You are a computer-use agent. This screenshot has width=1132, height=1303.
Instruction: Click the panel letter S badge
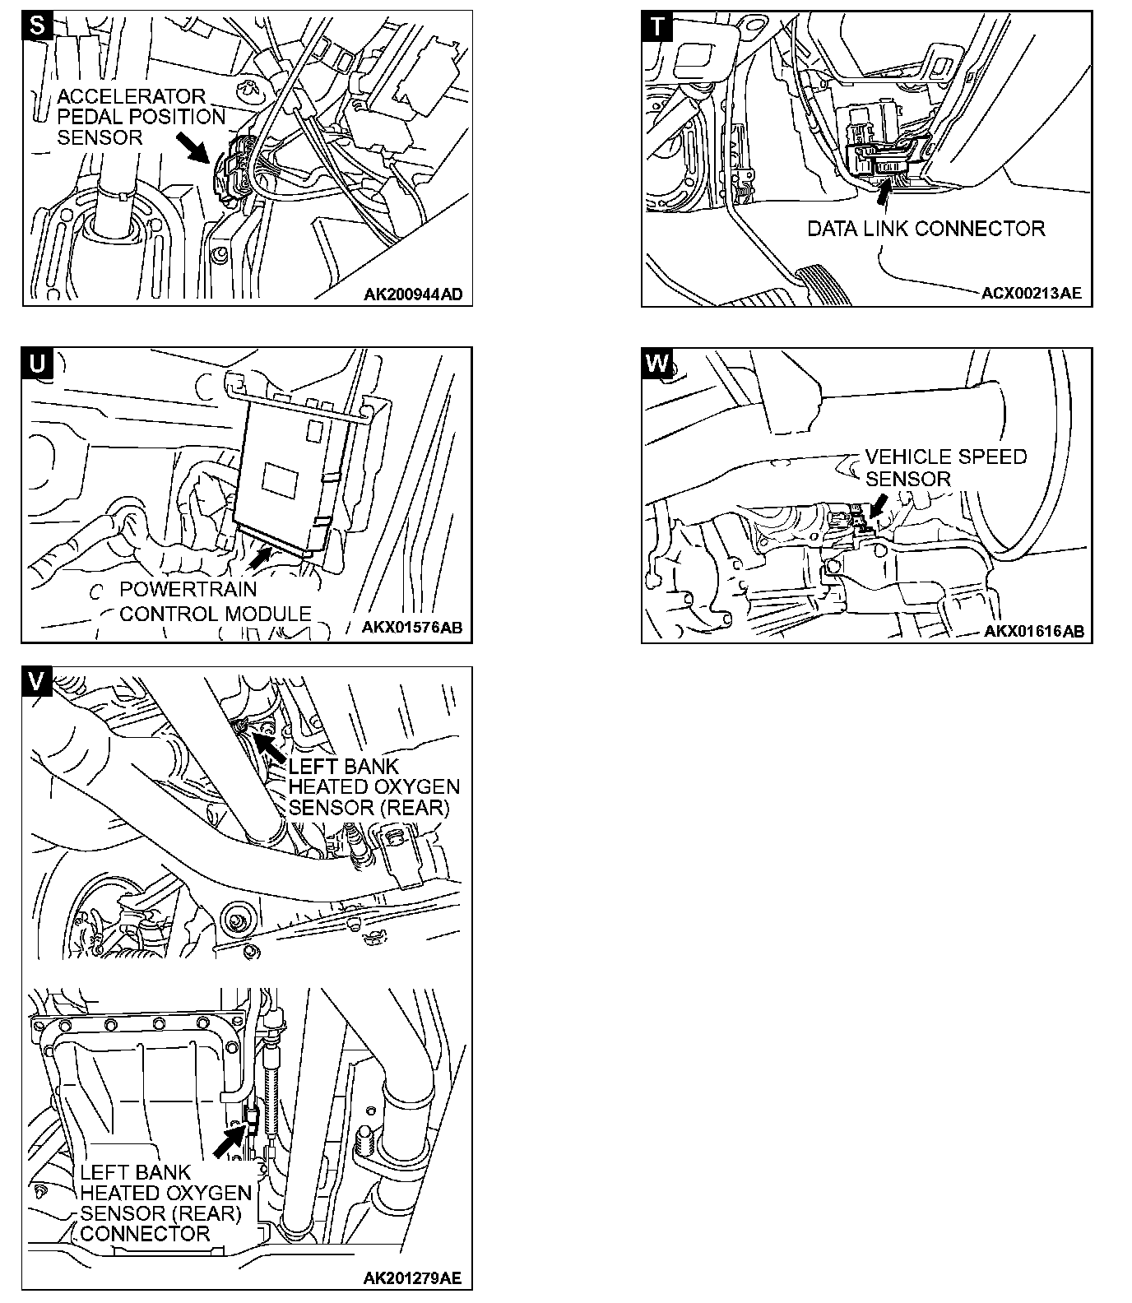coord(38,26)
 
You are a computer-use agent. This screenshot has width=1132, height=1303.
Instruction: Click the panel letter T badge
coord(657,26)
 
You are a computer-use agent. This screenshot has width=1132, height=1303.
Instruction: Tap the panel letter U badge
coord(38,363)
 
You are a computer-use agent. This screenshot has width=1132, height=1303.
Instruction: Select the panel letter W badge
coord(657,363)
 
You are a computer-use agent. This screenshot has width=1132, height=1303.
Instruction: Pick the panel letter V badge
coord(38,681)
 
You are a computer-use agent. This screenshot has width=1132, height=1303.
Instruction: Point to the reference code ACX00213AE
coord(1032,293)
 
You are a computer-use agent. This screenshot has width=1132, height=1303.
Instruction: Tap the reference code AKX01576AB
coord(412,628)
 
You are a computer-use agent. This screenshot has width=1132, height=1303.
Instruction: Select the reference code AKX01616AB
coord(1033,632)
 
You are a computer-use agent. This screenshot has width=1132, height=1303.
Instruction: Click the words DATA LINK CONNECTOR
coord(926,229)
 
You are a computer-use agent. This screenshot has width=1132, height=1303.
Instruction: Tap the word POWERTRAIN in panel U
coord(188,590)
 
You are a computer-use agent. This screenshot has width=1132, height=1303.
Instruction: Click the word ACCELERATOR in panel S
coord(131,96)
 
